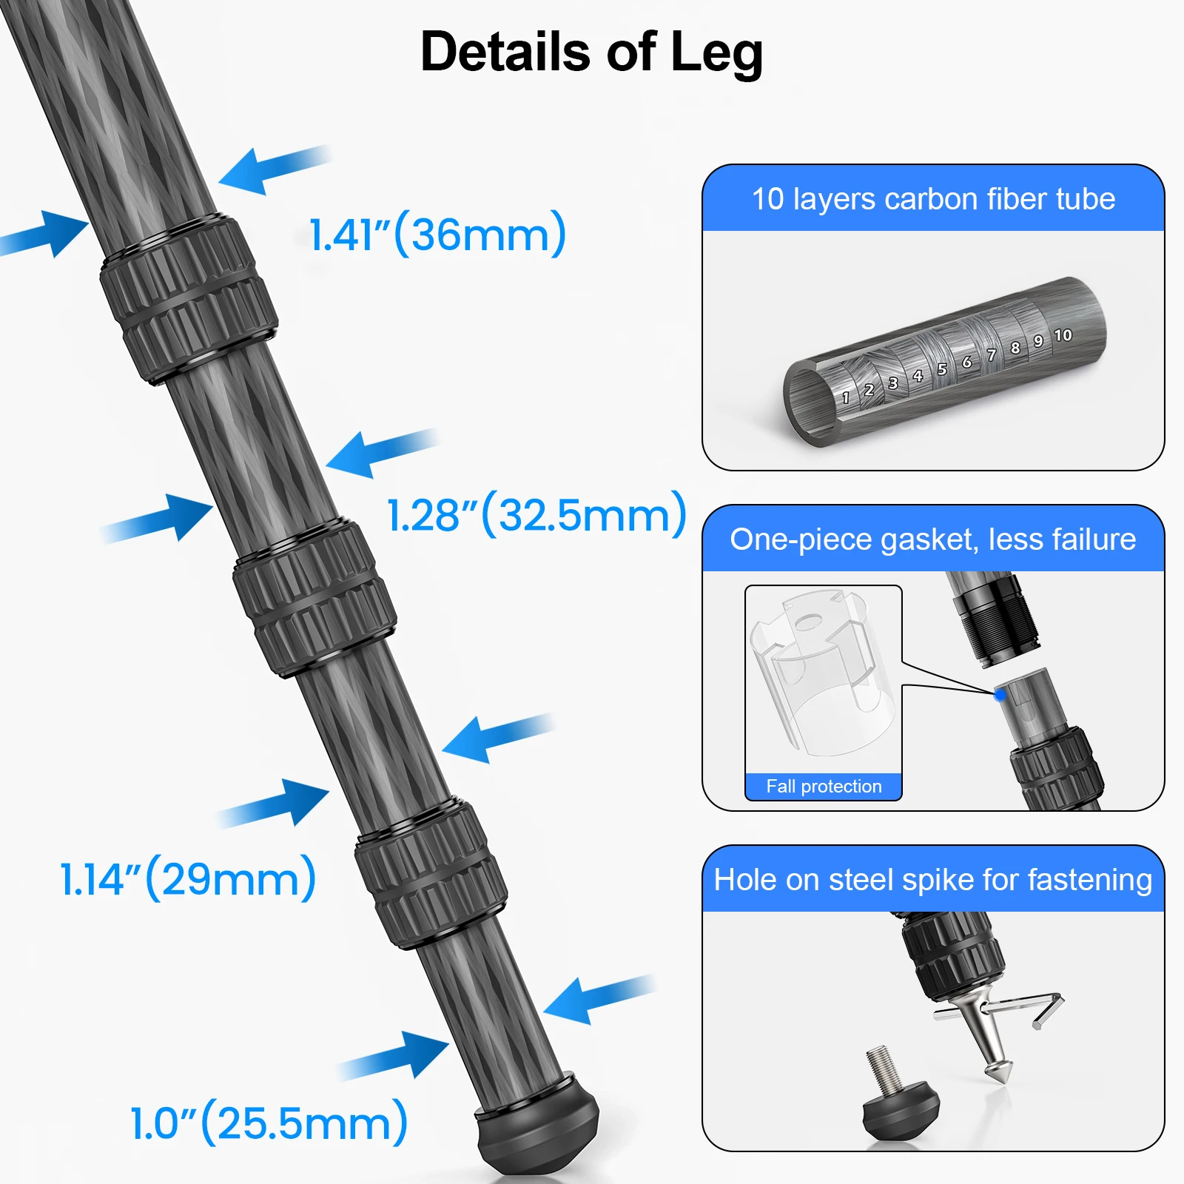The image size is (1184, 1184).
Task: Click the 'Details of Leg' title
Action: (x=591, y=53)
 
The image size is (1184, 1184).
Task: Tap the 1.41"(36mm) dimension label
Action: (x=437, y=235)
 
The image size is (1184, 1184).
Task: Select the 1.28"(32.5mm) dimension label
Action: (x=536, y=515)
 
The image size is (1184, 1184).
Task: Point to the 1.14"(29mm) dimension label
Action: (x=188, y=879)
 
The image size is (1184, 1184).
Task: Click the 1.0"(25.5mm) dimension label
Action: (x=269, y=1123)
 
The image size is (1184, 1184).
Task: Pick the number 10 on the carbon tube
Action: (x=1063, y=335)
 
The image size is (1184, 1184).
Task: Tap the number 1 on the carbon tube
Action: (x=846, y=398)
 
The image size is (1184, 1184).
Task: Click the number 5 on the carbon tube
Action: (x=942, y=369)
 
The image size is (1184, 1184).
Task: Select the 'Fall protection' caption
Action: (x=824, y=787)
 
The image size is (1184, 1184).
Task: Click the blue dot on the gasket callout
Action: (x=1000, y=695)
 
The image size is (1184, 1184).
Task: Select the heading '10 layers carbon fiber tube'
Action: (x=933, y=199)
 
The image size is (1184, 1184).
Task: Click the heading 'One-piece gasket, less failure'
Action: (x=933, y=539)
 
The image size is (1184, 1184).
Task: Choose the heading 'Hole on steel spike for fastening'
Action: (x=933, y=880)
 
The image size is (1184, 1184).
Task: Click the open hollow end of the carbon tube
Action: (x=810, y=403)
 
